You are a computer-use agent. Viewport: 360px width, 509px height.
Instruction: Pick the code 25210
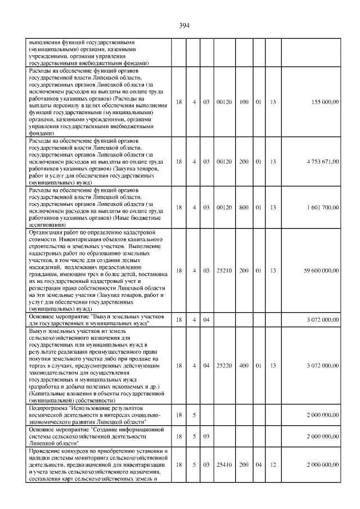coord(224,271)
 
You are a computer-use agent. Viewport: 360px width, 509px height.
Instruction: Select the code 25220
coord(224,365)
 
